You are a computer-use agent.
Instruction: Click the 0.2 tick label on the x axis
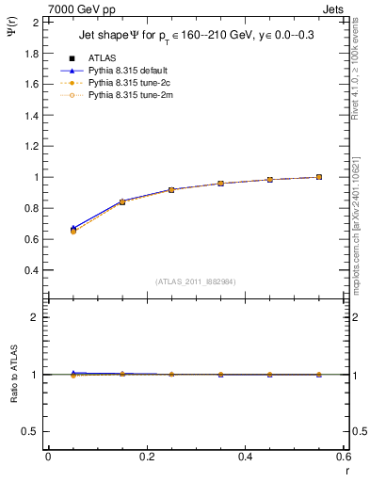click(x=147, y=457)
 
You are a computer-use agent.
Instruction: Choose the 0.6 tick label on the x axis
click(x=344, y=457)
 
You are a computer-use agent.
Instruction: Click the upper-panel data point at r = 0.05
click(x=72, y=230)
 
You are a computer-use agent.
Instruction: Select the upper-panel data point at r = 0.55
click(x=319, y=177)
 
